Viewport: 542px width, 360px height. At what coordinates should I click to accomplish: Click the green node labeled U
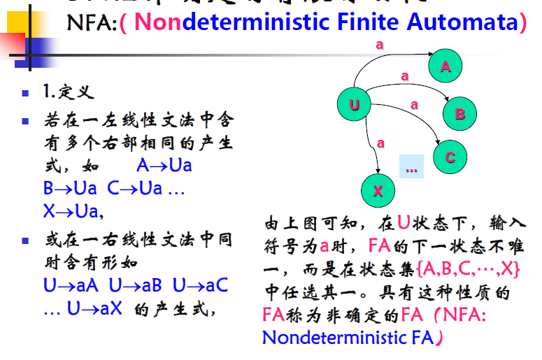tap(355, 106)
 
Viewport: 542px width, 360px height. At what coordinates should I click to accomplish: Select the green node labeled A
tap(446, 66)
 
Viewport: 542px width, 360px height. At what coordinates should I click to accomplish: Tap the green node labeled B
tap(459, 114)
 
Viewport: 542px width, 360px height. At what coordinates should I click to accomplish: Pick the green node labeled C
tap(450, 157)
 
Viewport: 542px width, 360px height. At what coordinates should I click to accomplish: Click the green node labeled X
tap(378, 191)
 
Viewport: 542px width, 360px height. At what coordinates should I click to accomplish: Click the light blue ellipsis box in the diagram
tap(411, 166)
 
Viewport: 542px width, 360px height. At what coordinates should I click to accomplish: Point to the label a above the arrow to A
tap(380, 44)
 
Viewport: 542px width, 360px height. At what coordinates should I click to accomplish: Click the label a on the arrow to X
tap(380, 143)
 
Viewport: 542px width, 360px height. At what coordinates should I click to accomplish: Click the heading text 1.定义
tap(68, 92)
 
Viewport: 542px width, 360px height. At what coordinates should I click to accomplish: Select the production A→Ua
tap(164, 166)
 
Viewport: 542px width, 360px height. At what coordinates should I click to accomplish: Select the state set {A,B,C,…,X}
tap(468, 268)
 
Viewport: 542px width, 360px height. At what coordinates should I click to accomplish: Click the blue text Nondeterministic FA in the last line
tap(347, 338)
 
